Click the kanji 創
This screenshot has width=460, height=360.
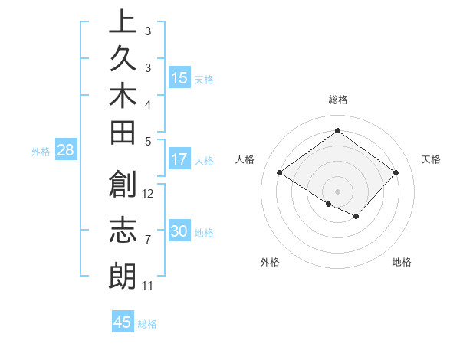[123, 186]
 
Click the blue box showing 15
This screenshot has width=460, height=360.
[179, 78]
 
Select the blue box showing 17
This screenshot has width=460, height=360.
[179, 160]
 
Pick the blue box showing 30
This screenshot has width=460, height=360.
[179, 232]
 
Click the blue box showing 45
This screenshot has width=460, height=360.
[123, 322]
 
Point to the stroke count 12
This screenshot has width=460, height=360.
[149, 193]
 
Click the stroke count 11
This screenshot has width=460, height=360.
[148, 286]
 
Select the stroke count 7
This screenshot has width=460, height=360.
[147, 240]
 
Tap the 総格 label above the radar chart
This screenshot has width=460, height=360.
[338, 100]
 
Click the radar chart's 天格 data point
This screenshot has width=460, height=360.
[396, 172]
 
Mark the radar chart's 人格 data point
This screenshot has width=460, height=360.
[280, 173]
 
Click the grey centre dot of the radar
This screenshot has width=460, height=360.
[337, 191]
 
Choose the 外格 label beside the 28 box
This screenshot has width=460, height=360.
[41, 151]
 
